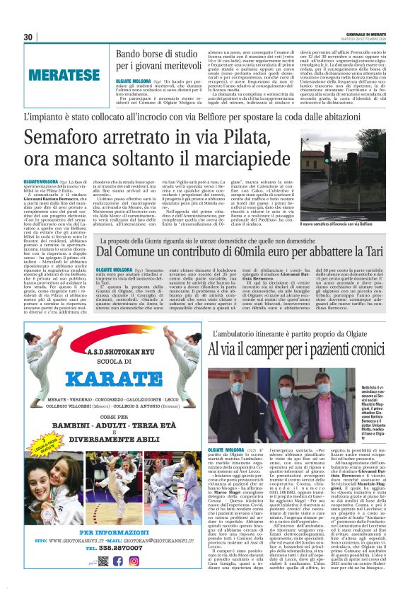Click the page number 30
tap(28, 38)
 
